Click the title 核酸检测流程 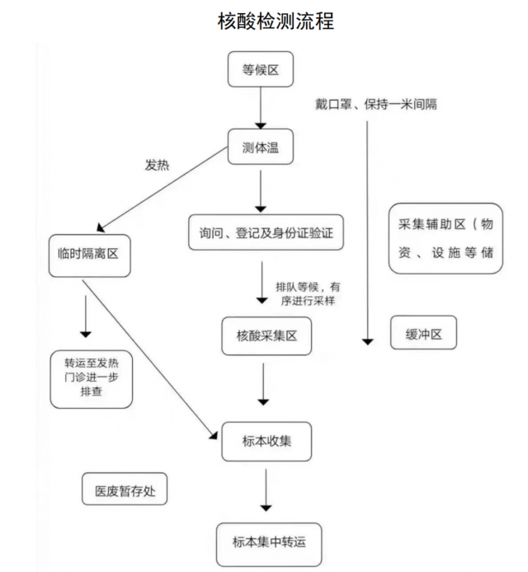pyautogui.click(x=276, y=21)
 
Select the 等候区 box pyautogui.click(x=261, y=69)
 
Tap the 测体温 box pyautogui.click(x=261, y=147)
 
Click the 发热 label pyautogui.click(x=157, y=165)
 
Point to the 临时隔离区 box pyautogui.click(x=89, y=256)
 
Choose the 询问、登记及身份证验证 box pyautogui.click(x=266, y=232)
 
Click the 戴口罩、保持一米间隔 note pyautogui.click(x=376, y=105)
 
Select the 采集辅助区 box pyautogui.click(x=445, y=238)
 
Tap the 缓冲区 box pyautogui.click(x=423, y=332)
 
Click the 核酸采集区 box pyautogui.click(x=266, y=336)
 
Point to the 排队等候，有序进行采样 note pyautogui.click(x=308, y=293)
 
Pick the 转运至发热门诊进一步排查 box pyautogui.click(x=92, y=379)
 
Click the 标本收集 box pyautogui.click(x=266, y=442)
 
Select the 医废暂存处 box pyautogui.click(x=125, y=489)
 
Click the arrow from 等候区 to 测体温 pyautogui.click(x=261, y=108)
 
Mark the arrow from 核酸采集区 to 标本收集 pyautogui.click(x=263, y=384)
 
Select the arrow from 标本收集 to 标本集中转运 pyautogui.click(x=266, y=490)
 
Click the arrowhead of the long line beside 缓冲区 pyautogui.click(x=367, y=342)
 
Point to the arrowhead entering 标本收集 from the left pyautogui.click(x=214, y=435)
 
